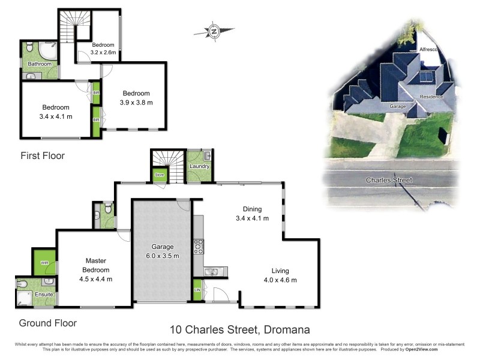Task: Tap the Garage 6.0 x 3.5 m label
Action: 162,251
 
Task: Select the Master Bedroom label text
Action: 95,269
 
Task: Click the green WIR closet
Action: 45,263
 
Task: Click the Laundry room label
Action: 198,166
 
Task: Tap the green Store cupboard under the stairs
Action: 159,175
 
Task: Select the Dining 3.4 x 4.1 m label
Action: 251,214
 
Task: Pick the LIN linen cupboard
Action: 197,290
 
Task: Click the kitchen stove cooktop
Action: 199,246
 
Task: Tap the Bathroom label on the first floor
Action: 40,64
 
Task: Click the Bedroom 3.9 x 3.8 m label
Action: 136,98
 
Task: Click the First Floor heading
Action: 42,156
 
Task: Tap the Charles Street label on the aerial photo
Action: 389,180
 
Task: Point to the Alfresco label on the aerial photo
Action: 429,49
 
